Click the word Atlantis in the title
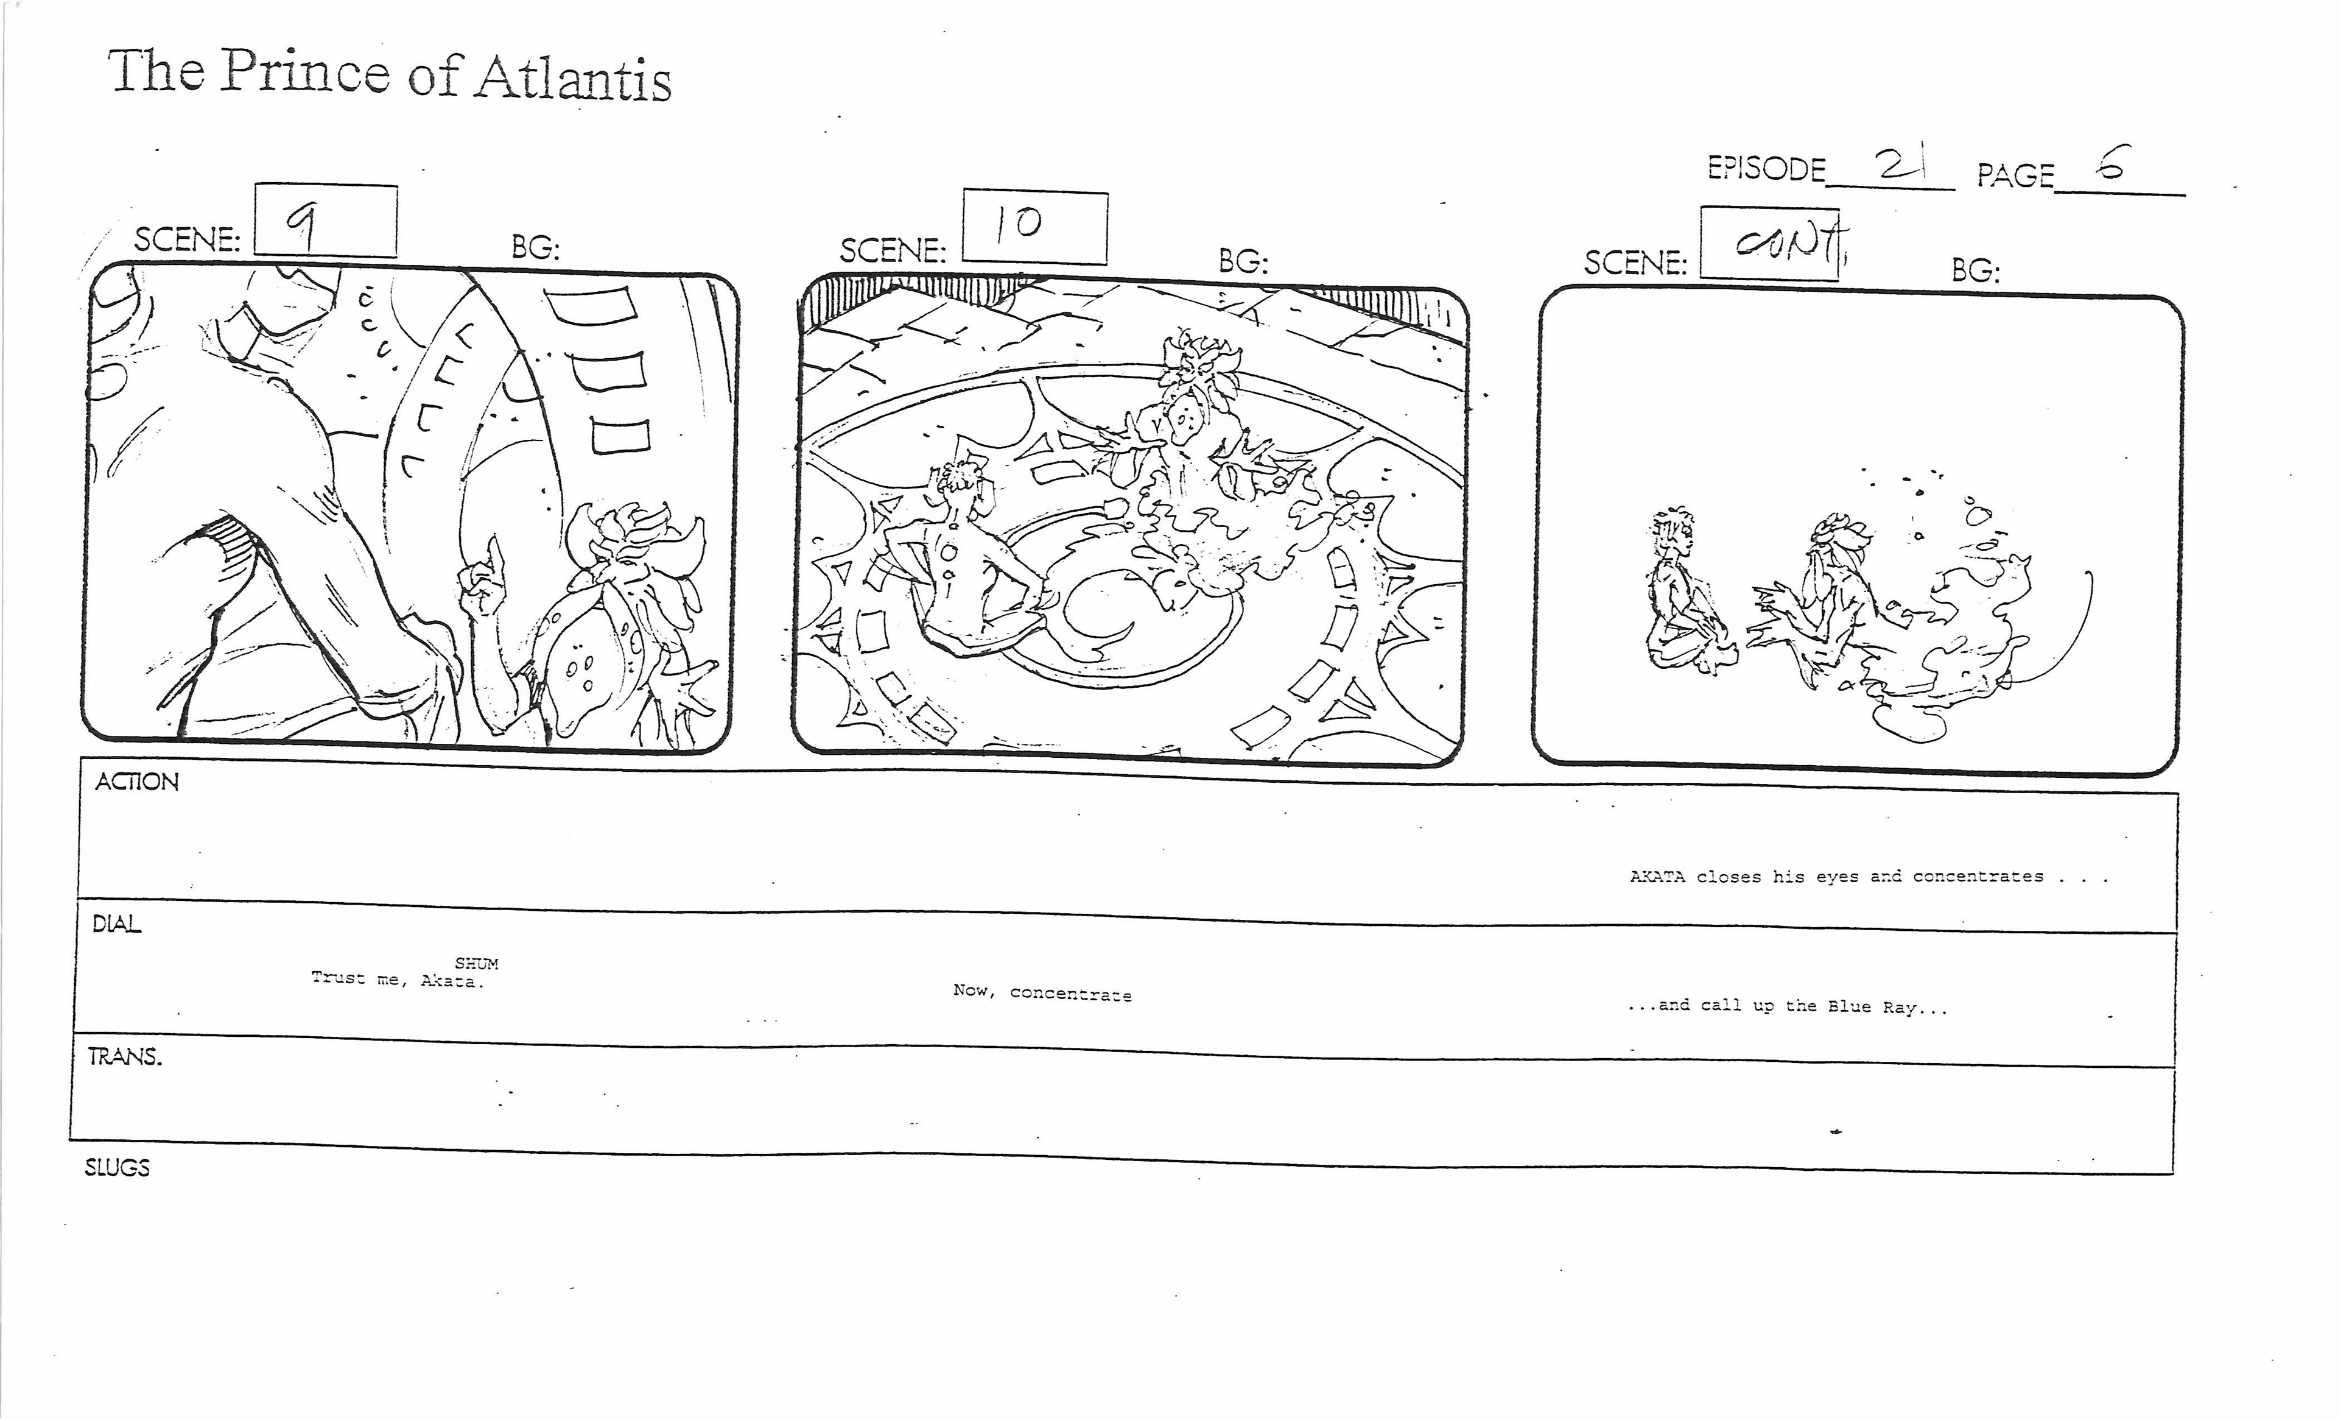coord(573,78)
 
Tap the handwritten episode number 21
coord(1901,167)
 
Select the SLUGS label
coord(117,1168)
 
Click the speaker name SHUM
coord(476,964)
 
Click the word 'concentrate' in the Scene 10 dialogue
coord(1070,994)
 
